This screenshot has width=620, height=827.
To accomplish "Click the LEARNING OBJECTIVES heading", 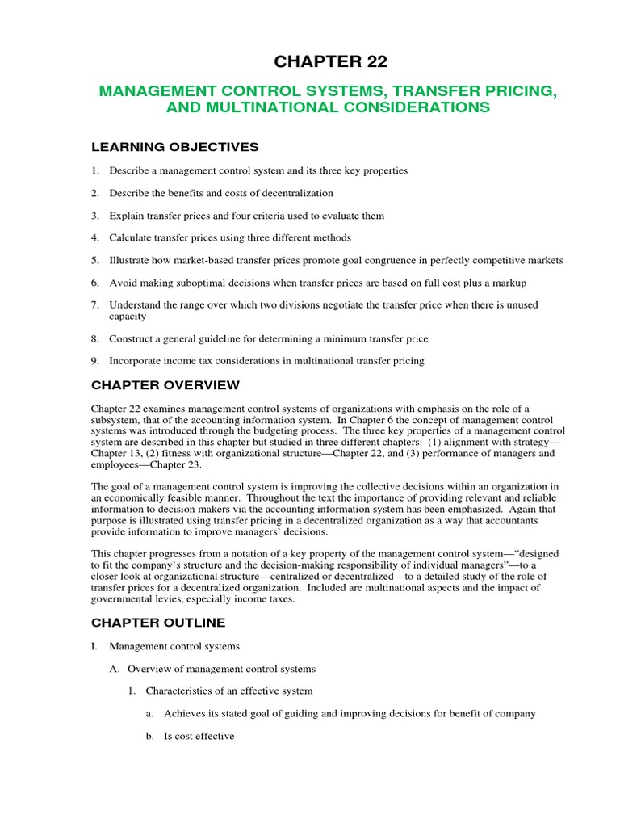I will click(175, 146).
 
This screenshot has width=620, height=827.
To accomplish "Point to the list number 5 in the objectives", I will click(94, 260).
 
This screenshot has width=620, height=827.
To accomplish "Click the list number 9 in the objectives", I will click(94, 360).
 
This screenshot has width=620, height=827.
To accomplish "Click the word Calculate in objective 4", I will click(130, 237).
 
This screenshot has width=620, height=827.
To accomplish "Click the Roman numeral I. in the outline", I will click(94, 646).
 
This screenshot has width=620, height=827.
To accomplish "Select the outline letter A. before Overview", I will click(114, 669).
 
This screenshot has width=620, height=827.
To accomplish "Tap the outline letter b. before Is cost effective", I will click(150, 736).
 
